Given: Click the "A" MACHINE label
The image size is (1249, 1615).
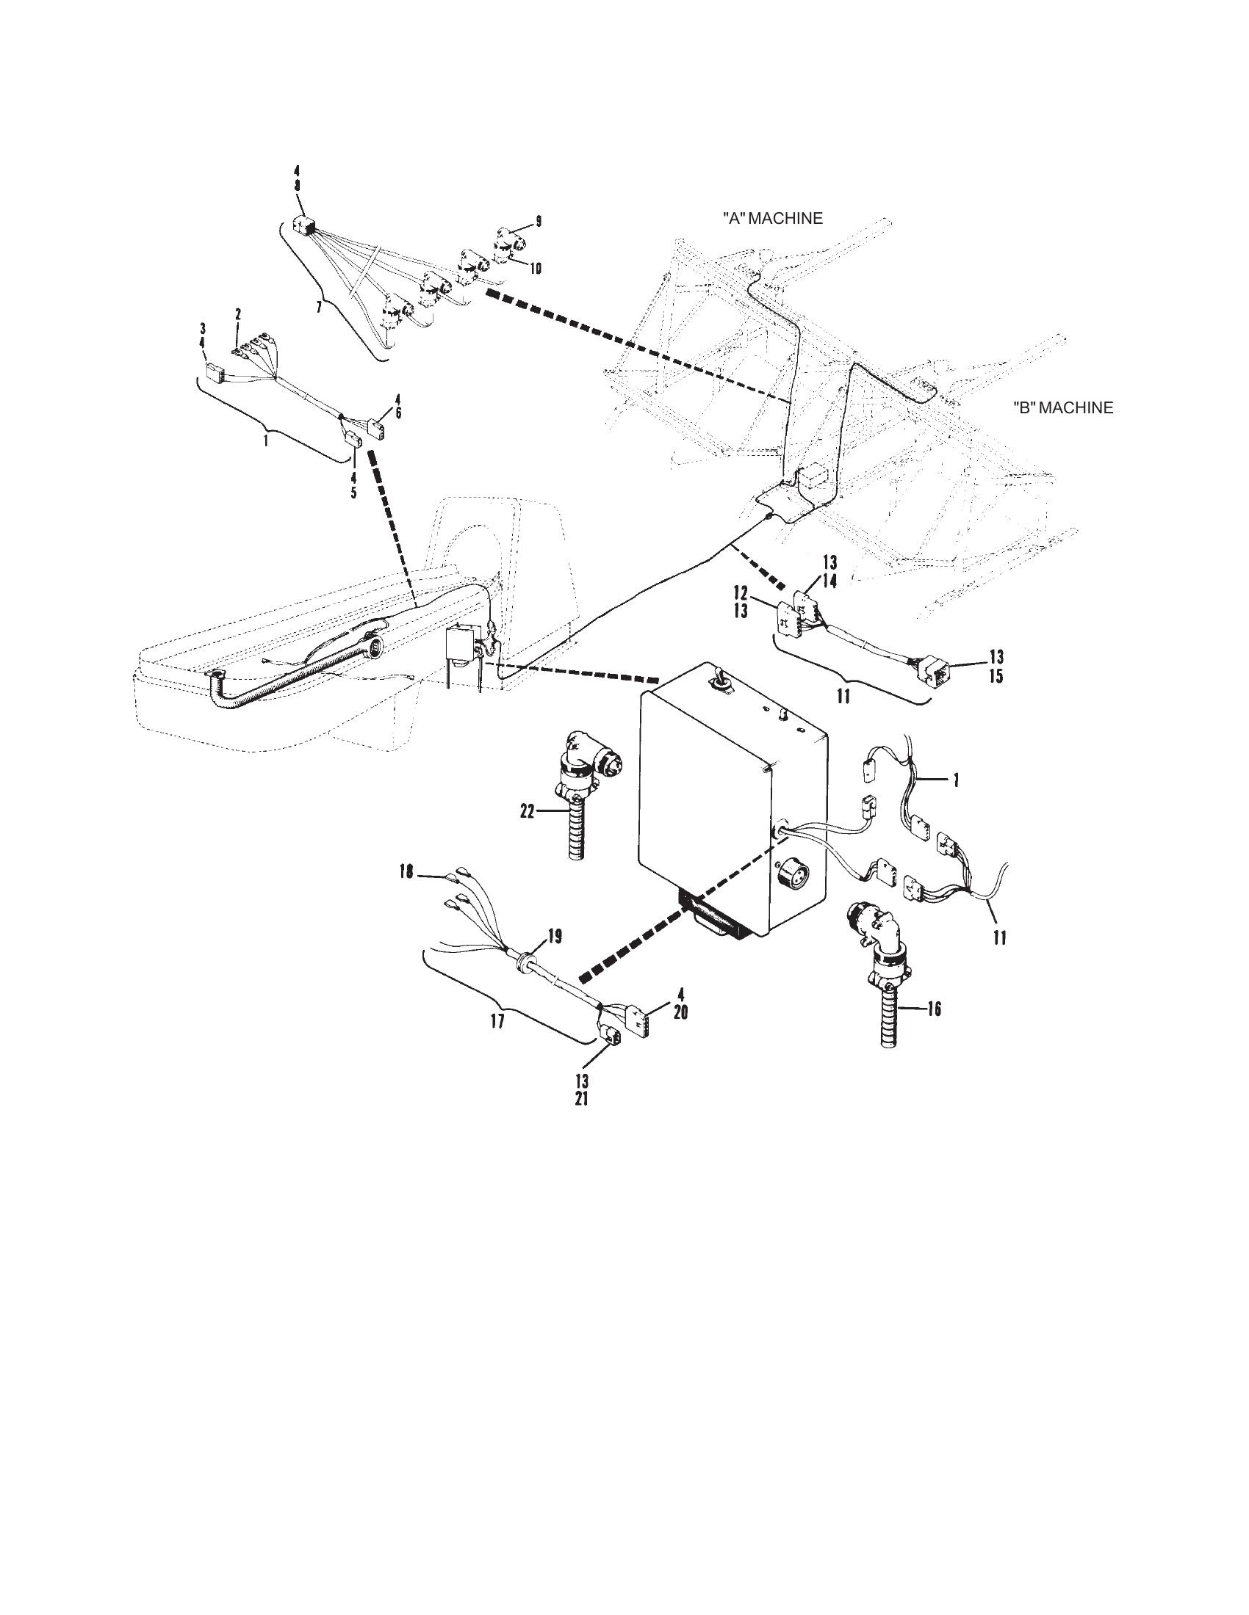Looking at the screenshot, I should click(771, 218).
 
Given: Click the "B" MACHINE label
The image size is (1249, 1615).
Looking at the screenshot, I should click(1062, 407).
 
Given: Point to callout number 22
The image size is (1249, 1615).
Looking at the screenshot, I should click(527, 811).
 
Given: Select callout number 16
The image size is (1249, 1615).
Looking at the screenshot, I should click(933, 1008).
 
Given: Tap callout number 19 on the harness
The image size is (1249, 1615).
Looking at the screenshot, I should click(553, 936).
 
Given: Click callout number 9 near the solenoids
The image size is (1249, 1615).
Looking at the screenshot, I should click(538, 220).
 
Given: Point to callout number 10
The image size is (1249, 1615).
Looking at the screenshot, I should click(533, 269).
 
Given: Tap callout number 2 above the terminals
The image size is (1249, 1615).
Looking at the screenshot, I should click(237, 314).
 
